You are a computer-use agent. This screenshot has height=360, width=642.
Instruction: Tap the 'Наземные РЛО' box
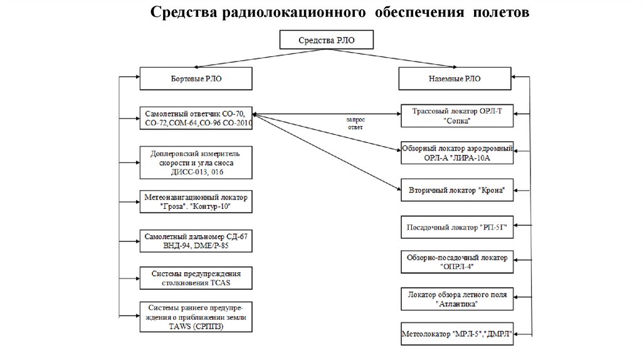(x=456, y=80)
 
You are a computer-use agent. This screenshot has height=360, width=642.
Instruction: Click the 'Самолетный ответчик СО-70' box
(x=196, y=119)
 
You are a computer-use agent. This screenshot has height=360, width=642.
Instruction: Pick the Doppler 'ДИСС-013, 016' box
(x=196, y=161)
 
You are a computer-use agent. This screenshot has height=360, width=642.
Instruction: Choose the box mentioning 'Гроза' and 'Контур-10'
(x=196, y=201)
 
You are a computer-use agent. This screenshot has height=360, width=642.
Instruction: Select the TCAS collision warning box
(x=196, y=278)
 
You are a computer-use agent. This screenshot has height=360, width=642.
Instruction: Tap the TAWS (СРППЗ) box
(x=196, y=317)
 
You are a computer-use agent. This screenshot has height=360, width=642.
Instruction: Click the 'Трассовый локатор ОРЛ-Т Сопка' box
(x=456, y=116)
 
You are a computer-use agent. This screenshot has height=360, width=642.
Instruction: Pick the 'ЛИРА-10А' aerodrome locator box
(x=456, y=153)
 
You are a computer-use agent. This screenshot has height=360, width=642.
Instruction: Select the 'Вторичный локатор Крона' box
(x=456, y=189)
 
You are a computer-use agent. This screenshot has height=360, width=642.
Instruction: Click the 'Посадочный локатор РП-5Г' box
(x=456, y=227)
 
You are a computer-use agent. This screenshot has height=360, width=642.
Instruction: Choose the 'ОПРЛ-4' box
(x=456, y=262)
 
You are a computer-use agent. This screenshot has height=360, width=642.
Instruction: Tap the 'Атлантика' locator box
(x=456, y=299)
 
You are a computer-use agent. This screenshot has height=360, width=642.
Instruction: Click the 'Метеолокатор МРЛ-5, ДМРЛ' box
(x=456, y=334)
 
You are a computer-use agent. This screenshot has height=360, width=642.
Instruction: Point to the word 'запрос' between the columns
(x=355, y=119)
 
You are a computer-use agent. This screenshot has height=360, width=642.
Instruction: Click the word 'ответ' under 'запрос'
(x=355, y=126)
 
